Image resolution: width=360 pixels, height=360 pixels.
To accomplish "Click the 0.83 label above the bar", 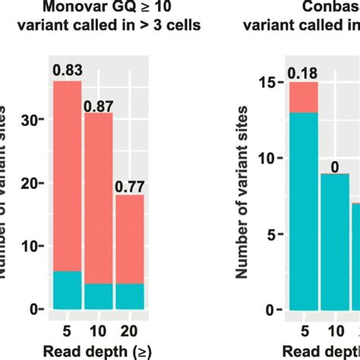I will [x=67, y=71].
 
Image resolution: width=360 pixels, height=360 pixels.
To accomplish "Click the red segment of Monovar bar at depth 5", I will [x=68, y=175].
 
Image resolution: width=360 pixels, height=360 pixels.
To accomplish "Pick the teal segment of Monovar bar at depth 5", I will [x=68, y=290].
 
